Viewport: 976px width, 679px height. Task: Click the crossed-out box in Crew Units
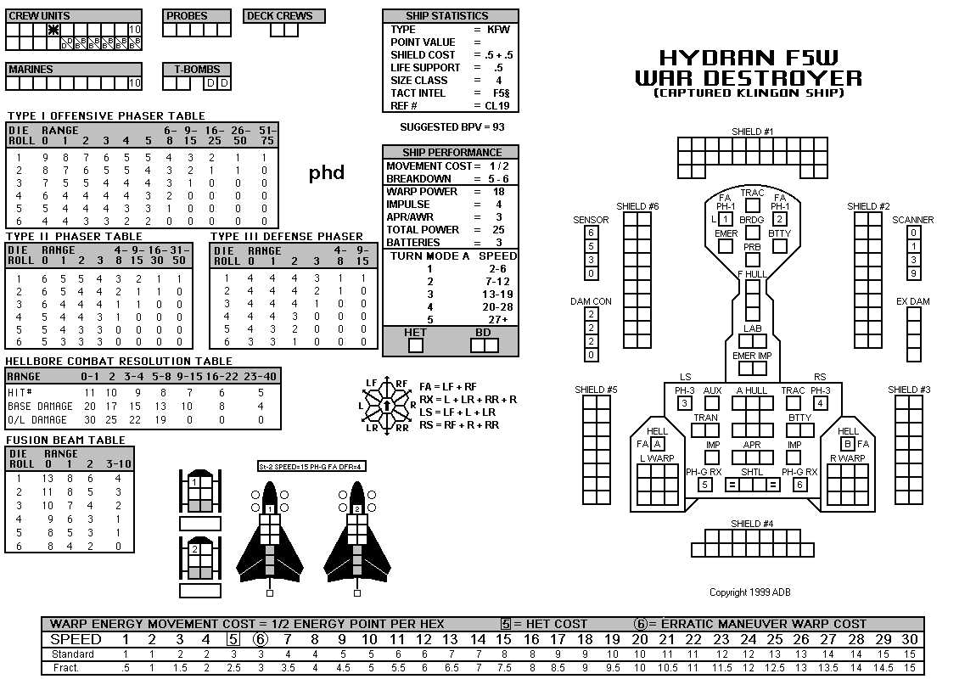tap(53, 30)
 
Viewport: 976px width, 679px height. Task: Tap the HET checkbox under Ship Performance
tap(415, 345)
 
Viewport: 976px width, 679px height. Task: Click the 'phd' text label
tap(327, 172)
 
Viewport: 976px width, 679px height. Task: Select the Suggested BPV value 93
tap(498, 127)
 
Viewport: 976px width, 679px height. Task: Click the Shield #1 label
tap(752, 132)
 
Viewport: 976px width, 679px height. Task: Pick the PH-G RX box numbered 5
tap(704, 484)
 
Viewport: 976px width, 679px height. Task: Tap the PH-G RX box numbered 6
tap(799, 484)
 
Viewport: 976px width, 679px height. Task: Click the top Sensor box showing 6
tap(592, 233)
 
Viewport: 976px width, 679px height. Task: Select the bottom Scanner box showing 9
tap(913, 273)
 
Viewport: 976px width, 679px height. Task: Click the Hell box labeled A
tap(657, 444)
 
